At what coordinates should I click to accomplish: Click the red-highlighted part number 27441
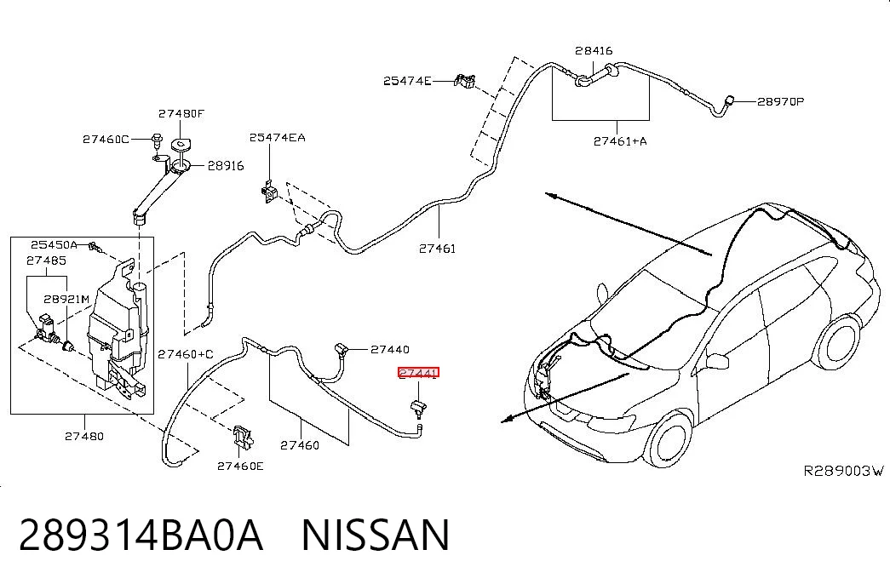click(x=418, y=373)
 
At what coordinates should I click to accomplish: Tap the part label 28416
click(x=594, y=50)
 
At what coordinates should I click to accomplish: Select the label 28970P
click(x=780, y=101)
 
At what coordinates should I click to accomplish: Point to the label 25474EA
click(x=277, y=137)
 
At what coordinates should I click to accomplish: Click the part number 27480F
click(x=181, y=113)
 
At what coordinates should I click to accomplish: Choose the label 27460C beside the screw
click(x=106, y=139)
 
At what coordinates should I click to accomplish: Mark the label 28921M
click(x=67, y=299)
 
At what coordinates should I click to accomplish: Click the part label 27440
click(x=390, y=350)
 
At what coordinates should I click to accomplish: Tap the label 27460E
click(x=240, y=466)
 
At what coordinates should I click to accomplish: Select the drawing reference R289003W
click(x=844, y=471)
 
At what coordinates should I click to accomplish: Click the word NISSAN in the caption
click(x=376, y=535)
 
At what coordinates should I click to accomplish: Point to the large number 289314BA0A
click(x=141, y=535)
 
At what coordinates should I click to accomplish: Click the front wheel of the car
click(x=670, y=440)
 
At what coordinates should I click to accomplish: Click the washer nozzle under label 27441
click(x=419, y=409)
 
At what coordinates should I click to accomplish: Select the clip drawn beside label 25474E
click(x=465, y=81)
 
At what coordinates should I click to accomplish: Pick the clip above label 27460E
click(x=242, y=437)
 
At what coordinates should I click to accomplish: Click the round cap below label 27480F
click(x=181, y=146)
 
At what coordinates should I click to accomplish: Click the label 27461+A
click(x=620, y=140)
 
